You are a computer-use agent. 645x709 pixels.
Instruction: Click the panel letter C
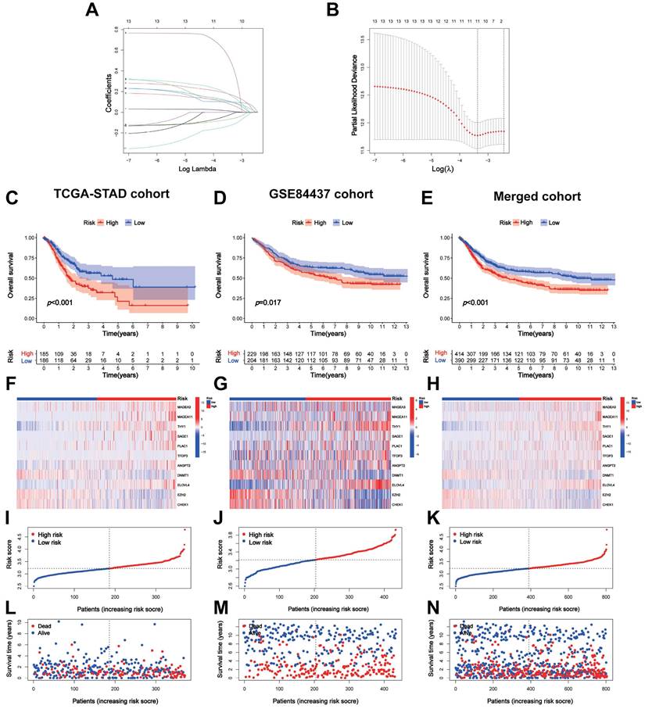(x=11, y=196)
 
